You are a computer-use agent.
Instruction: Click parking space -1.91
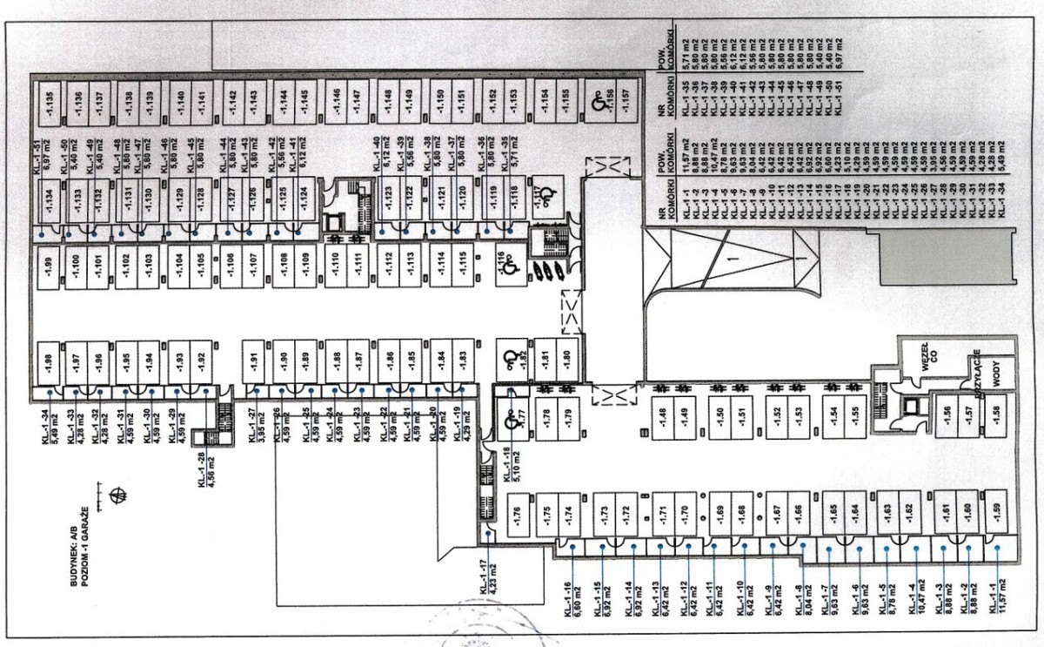pos(254,360)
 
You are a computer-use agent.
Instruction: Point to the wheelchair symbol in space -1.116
pos(511,265)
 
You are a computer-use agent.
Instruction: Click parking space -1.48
pos(663,417)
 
